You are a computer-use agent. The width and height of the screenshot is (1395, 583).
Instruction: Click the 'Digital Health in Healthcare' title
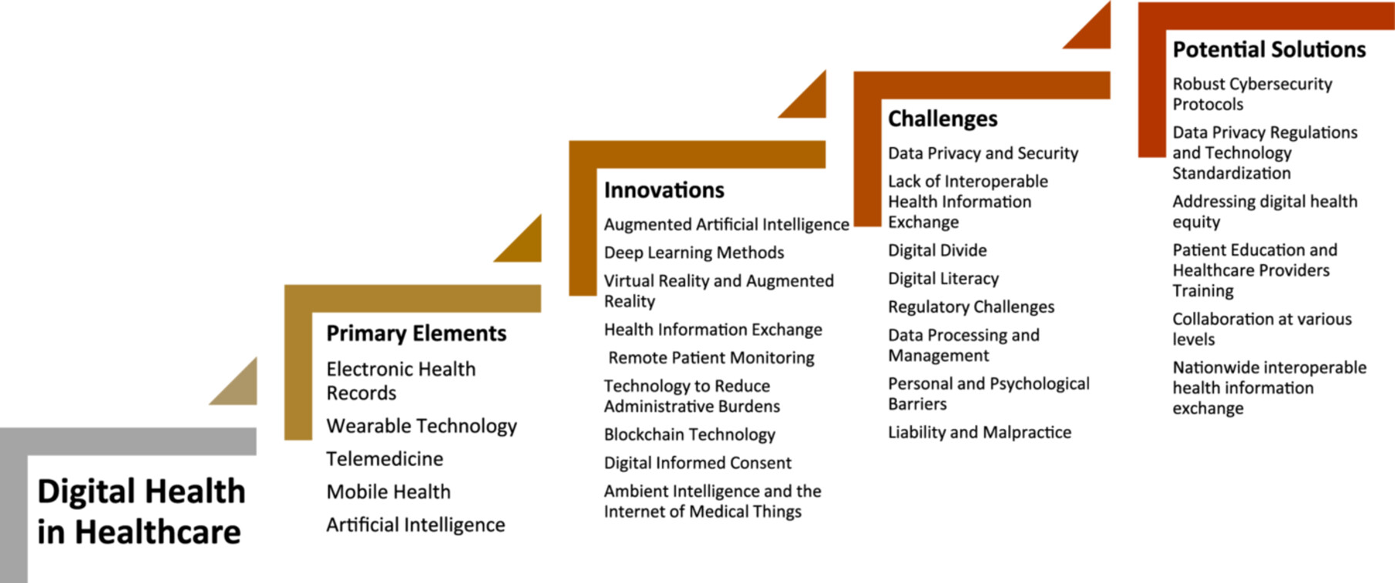click(x=141, y=511)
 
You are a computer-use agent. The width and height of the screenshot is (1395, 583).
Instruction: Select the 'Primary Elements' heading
click(x=416, y=333)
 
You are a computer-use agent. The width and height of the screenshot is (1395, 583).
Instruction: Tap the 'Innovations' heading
click(x=664, y=189)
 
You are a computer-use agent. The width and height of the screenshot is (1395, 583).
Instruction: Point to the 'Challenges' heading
click(x=943, y=119)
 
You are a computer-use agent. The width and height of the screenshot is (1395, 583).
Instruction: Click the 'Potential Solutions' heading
click(x=1269, y=49)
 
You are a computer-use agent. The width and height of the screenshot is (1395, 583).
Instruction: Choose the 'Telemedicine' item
click(x=385, y=459)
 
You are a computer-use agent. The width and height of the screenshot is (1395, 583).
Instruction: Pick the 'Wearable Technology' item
click(x=422, y=427)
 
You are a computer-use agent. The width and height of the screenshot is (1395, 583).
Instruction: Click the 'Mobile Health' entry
click(x=388, y=492)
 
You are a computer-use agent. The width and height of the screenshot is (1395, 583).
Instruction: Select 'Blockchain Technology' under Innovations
click(x=690, y=435)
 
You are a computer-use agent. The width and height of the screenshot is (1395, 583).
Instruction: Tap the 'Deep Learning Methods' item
click(x=694, y=253)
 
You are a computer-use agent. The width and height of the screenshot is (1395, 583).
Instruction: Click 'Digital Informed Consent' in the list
click(x=697, y=463)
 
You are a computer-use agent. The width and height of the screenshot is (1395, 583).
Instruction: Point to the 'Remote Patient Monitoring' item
click(x=711, y=358)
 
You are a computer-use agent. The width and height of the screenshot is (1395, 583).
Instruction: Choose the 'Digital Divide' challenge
click(x=937, y=250)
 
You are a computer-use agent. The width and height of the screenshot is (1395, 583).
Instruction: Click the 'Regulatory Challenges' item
click(x=971, y=307)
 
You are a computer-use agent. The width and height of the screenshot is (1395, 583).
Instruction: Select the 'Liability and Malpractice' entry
click(x=980, y=433)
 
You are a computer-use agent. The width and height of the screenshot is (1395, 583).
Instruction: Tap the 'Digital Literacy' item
click(x=943, y=279)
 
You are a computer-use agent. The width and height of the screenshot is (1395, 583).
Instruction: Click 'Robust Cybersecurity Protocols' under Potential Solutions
click(x=1252, y=94)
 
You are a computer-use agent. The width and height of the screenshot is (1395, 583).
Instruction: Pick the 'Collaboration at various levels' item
click(x=1262, y=329)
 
